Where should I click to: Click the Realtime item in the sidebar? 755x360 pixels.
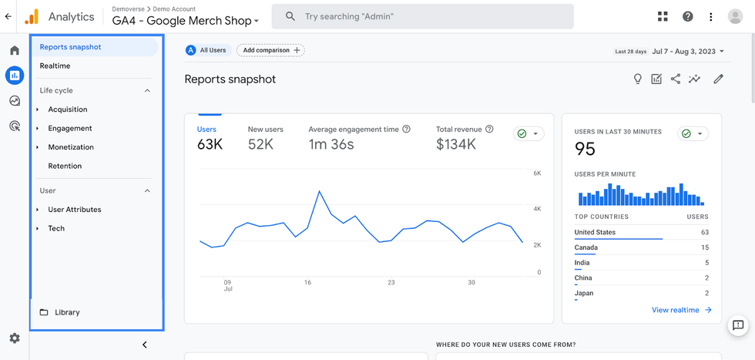click(x=55, y=66)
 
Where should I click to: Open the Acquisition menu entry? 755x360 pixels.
click(x=68, y=109)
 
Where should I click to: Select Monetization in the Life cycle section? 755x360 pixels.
click(x=71, y=147)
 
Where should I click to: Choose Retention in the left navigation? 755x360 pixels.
click(x=65, y=166)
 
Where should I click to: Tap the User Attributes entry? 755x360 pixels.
click(x=74, y=210)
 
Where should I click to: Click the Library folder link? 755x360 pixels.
click(x=67, y=312)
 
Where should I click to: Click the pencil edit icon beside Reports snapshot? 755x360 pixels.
click(x=718, y=79)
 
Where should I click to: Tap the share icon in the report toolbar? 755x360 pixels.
click(x=676, y=79)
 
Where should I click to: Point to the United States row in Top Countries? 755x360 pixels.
click(x=595, y=232)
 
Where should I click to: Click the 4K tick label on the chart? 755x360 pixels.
click(x=537, y=209)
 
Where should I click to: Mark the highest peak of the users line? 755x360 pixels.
click(x=319, y=190)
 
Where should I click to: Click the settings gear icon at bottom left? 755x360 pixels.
click(x=15, y=338)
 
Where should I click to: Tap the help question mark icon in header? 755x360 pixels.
click(x=688, y=16)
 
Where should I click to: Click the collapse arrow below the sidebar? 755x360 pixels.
click(x=144, y=345)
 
